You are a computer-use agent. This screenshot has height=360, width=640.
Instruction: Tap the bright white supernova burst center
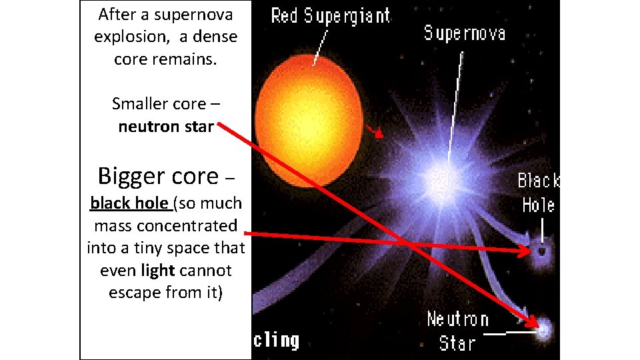tap(439, 176)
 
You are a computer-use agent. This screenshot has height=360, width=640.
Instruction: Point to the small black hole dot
tap(541, 252)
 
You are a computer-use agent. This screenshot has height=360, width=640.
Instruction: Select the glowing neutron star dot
tap(543, 328)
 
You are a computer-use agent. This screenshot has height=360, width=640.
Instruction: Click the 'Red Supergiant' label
tap(331, 16)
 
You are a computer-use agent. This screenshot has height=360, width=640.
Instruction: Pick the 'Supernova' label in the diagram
tap(465, 33)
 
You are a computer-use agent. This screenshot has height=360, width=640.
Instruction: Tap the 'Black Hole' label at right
tap(539, 193)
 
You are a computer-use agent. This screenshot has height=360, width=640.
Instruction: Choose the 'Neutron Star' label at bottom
tap(457, 331)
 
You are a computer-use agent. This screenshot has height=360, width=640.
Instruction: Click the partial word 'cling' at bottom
tap(275, 340)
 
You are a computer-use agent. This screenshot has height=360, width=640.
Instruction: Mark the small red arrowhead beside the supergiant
tap(378, 133)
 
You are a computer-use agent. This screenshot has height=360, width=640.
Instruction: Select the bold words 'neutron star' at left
tap(165, 126)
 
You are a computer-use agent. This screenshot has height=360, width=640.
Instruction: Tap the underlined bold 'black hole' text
tap(130, 203)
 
